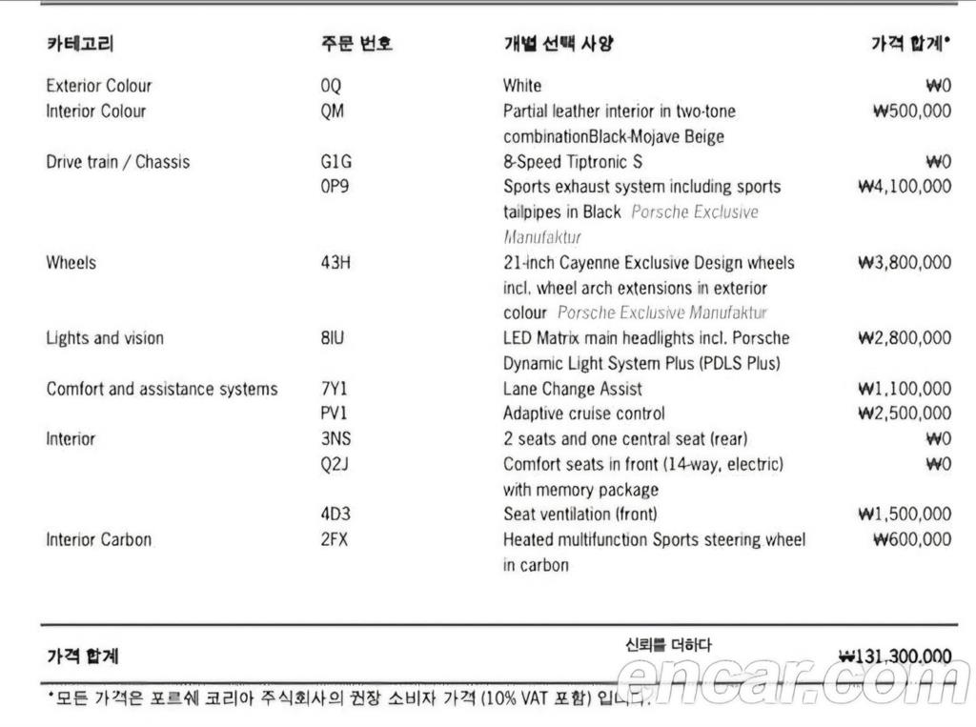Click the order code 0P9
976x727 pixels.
[335, 187]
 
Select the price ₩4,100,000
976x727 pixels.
[905, 187]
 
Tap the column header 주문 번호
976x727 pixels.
[356, 43]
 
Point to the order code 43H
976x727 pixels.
[335, 262]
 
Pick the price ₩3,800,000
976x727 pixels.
[905, 262]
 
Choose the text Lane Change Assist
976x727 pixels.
[572, 389]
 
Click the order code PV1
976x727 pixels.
[334, 414]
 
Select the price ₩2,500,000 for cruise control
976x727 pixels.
[905, 414]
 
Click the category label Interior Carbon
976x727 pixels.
[99, 539]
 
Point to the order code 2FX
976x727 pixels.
[335, 539]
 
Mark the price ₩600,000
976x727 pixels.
[912, 539]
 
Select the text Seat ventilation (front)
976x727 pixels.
[579, 515]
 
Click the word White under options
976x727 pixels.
[522, 86]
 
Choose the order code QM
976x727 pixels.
[333, 111]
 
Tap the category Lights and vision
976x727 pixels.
[105, 338]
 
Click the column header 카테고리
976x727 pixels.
[80, 43]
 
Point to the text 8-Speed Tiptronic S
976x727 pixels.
[572, 162]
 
